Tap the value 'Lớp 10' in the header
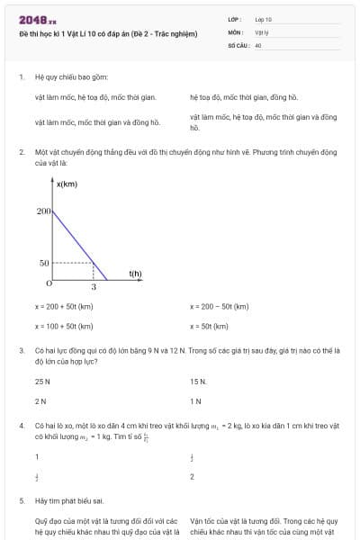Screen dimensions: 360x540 tap(263, 19)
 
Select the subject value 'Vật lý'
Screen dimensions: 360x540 tap(261, 31)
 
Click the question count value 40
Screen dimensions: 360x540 tap(257, 44)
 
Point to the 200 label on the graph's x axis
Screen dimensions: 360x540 tap(43, 211)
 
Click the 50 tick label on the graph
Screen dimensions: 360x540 tap(44, 263)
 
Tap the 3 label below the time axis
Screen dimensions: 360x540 tap(94, 288)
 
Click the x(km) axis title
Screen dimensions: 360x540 tap(67, 185)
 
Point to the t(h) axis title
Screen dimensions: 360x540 tap(135, 273)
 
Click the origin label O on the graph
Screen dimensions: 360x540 tap(49, 283)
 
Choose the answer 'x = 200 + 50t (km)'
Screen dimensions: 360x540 tap(64, 307)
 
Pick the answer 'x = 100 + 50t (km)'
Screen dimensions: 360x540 tap(64, 326)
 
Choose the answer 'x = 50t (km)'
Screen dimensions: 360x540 tap(209, 326)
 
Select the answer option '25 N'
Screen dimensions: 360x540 tap(42, 382)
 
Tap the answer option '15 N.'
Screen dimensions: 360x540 tap(198, 382)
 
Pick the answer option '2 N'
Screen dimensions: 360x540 tap(40, 400)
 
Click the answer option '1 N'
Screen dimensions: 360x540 tap(195, 400)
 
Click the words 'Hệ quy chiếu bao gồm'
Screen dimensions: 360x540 tap(68, 77)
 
